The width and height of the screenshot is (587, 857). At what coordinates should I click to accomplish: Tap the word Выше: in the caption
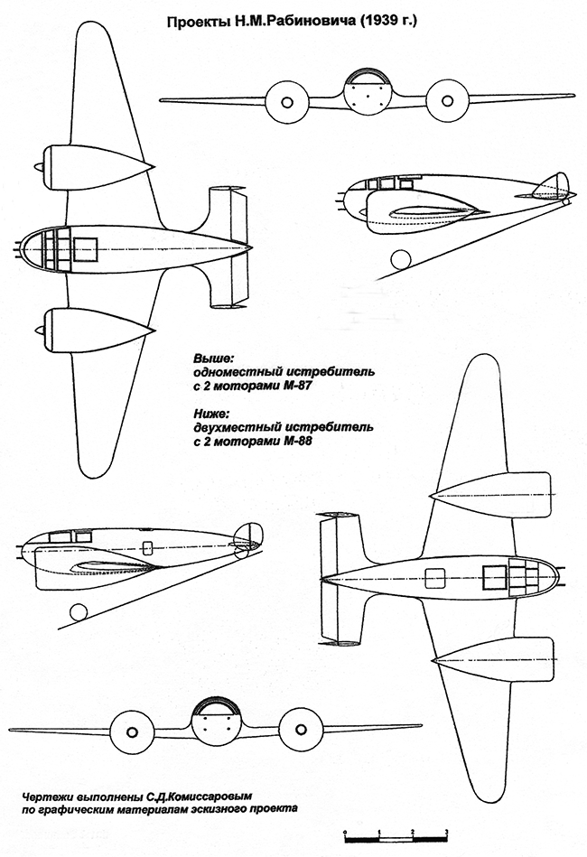tap(214, 359)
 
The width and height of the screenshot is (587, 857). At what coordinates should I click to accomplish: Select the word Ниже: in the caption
tap(212, 414)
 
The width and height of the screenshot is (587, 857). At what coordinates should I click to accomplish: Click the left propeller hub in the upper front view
tap(287, 102)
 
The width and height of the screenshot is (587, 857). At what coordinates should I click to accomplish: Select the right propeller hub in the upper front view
tap(447, 100)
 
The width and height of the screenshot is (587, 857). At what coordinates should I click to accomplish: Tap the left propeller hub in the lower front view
tap(132, 732)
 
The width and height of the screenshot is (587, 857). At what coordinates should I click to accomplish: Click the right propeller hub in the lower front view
tap(301, 731)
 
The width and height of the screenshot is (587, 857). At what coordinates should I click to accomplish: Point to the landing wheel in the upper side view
tap(401, 259)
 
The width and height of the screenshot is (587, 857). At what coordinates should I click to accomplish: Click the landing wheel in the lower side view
tap(79, 611)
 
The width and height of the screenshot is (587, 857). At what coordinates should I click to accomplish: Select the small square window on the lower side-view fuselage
tap(147, 547)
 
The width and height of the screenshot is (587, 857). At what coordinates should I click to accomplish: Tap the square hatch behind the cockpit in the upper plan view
tap(85, 249)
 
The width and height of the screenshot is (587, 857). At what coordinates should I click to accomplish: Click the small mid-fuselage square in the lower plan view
tap(435, 578)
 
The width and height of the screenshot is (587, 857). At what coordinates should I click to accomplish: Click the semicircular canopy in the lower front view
tap(217, 705)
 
